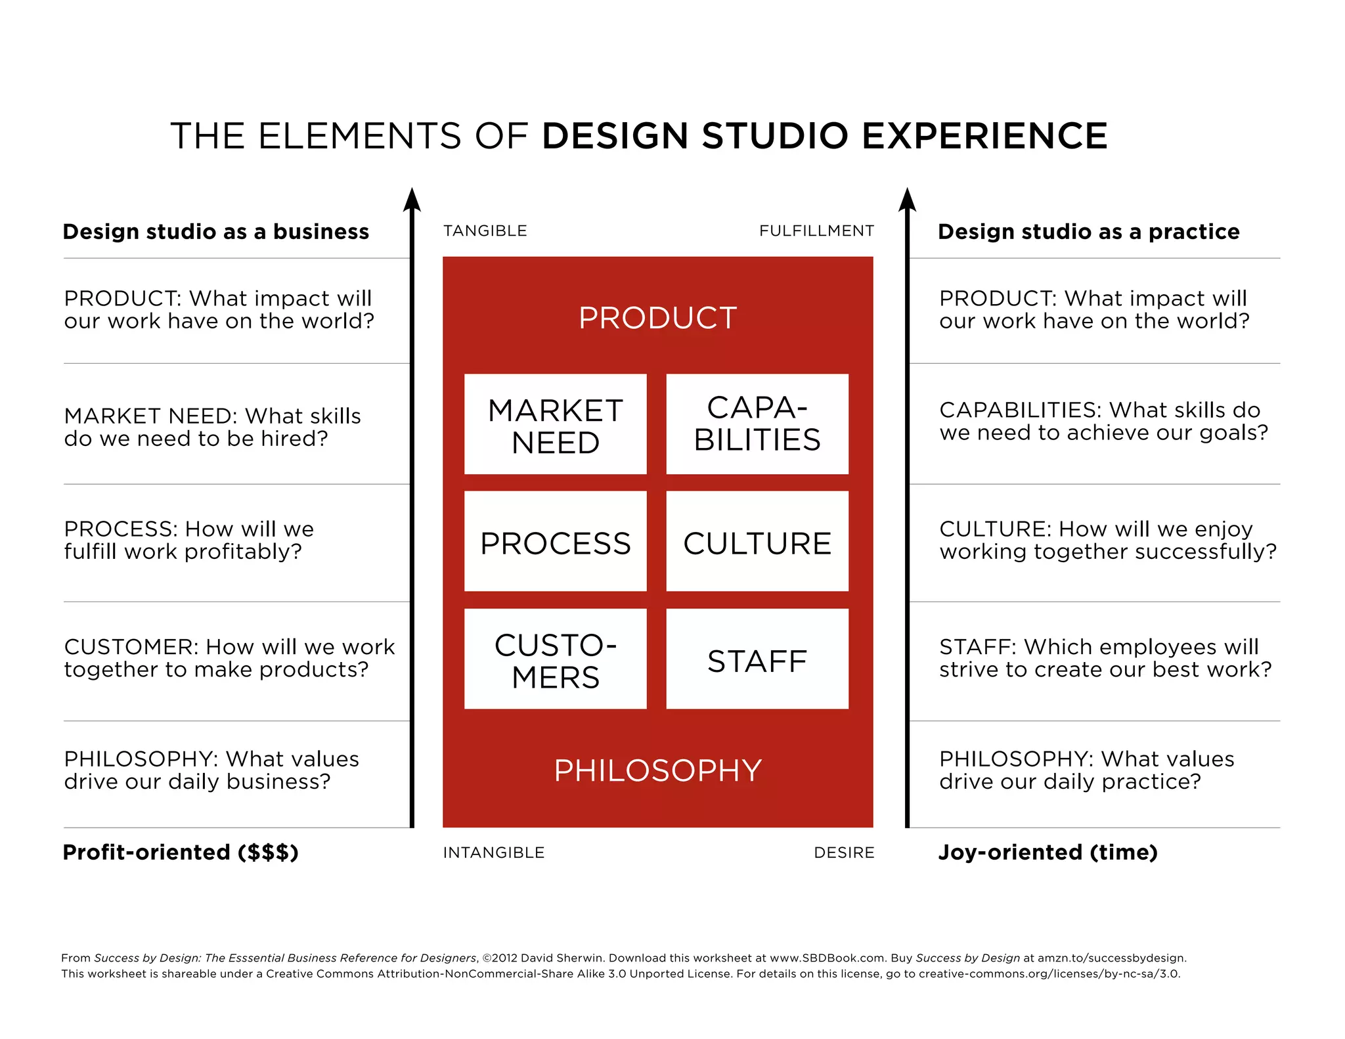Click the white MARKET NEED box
[555, 424]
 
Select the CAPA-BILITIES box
[757, 424]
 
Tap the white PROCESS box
[555, 541]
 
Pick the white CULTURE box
[757, 541]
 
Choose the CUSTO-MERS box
[555, 659]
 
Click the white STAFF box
[757, 659]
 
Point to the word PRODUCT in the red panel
[657, 318]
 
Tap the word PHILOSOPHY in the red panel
[657, 770]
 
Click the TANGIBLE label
[485, 231]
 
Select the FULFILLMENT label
[816, 231]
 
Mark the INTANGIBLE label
[493, 852]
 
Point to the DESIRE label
[844, 852]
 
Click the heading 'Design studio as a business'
[216, 232]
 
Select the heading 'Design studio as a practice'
[1088, 232]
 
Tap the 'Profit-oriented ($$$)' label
[181, 852]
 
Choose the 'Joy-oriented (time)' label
[1047, 852]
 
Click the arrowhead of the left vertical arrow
[412, 199]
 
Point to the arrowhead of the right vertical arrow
[907, 199]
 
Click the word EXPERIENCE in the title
[984, 136]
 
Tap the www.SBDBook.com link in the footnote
[827, 958]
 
